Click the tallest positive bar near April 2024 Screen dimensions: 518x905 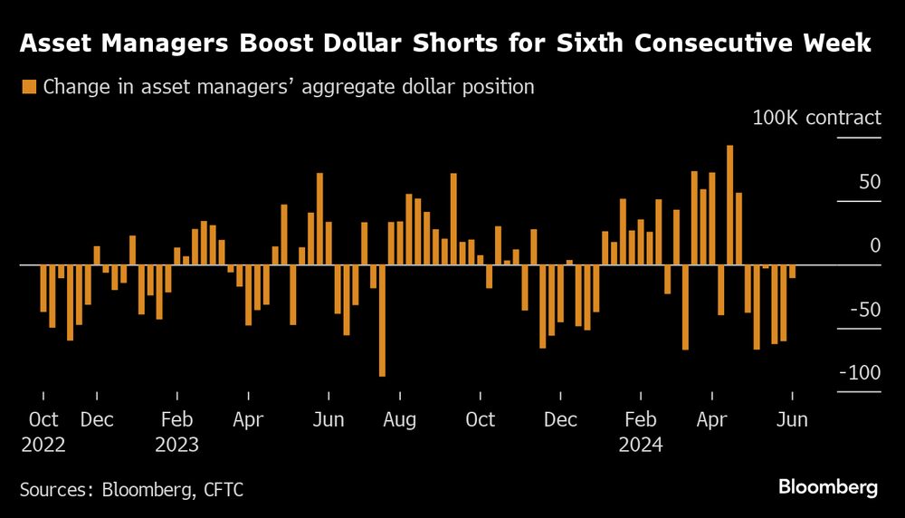point(730,205)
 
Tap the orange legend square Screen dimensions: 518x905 point(29,87)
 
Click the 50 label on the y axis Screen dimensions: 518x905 point(870,182)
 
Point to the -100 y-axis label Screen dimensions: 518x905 point(859,373)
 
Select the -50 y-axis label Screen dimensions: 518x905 point(864,310)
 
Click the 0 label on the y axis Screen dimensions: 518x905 point(875,245)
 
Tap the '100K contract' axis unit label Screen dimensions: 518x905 point(816,118)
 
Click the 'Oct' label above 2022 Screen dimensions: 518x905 point(43,419)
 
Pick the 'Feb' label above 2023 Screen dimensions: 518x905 point(176,419)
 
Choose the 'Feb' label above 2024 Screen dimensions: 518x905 point(641,419)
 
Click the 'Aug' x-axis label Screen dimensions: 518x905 point(399,419)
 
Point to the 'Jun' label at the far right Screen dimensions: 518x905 point(793,419)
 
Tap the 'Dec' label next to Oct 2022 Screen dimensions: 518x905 point(97,419)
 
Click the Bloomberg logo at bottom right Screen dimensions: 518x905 point(828,487)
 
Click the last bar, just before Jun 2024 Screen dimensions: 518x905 point(792,272)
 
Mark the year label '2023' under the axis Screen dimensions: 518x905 point(176,445)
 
